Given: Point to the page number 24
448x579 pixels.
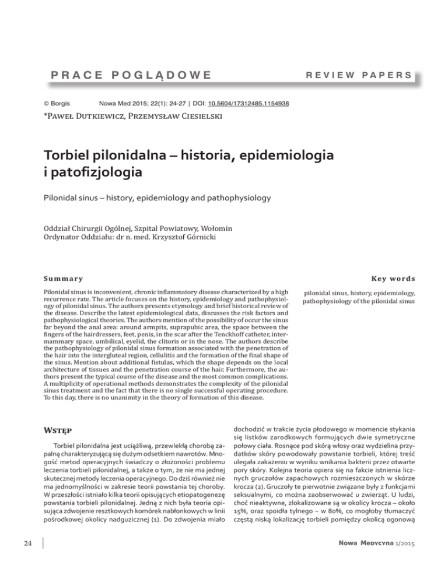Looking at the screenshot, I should (x=21, y=560).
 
